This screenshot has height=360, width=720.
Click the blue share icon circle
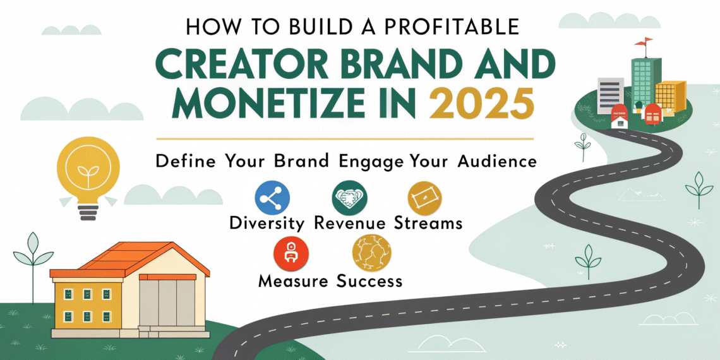[x=272, y=199]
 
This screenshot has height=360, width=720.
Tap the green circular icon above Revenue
[x=348, y=199]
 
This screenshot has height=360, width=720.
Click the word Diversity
[x=267, y=223]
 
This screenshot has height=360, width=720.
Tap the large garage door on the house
[x=167, y=303]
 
